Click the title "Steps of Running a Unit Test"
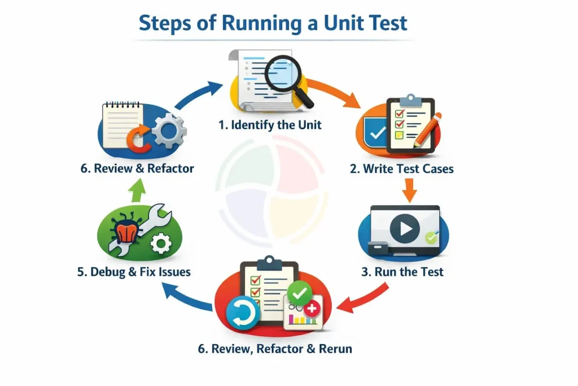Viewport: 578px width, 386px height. (x=273, y=23)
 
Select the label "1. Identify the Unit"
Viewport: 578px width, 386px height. (x=270, y=125)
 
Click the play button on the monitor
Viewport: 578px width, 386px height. (x=405, y=229)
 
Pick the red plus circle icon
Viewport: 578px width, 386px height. (x=311, y=309)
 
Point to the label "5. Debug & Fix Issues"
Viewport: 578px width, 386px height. (x=134, y=272)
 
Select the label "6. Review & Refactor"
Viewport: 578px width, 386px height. (x=137, y=168)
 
